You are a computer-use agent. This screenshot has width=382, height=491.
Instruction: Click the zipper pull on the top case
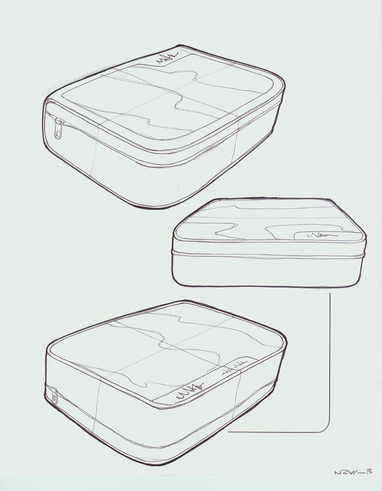(x=58, y=128)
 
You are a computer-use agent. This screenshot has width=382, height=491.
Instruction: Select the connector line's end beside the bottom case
(x=229, y=432)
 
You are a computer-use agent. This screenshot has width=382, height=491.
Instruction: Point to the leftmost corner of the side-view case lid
(x=175, y=233)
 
